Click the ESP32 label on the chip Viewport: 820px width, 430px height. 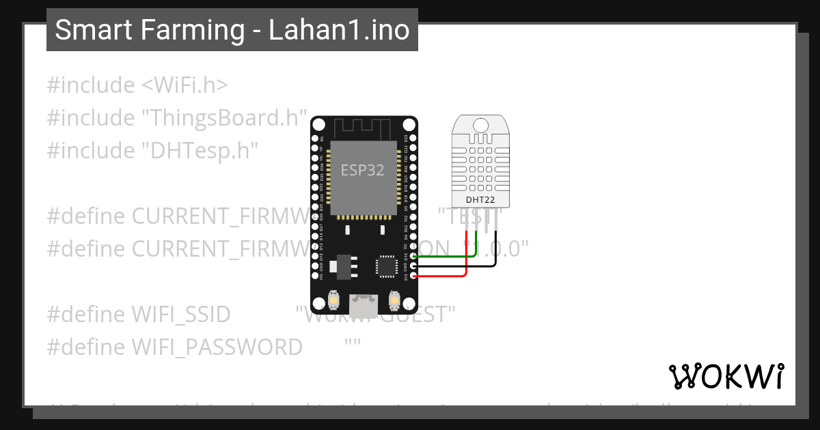(x=362, y=171)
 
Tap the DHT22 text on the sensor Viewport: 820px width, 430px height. (x=480, y=200)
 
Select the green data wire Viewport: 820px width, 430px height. (x=444, y=256)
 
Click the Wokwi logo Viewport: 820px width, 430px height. (x=726, y=377)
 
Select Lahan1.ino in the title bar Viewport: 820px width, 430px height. (x=340, y=30)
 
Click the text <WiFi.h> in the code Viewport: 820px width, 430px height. (x=184, y=85)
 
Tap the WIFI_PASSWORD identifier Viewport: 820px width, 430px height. (x=217, y=347)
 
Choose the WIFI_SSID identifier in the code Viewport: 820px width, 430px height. (x=181, y=315)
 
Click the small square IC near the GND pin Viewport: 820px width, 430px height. (x=386, y=266)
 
